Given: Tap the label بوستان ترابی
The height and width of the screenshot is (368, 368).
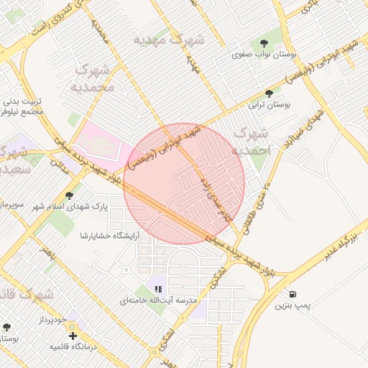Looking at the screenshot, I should (x=269, y=105).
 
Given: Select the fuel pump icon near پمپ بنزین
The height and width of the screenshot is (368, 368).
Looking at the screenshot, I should (x=293, y=293).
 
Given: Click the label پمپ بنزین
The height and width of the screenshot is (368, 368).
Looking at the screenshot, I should (x=293, y=305).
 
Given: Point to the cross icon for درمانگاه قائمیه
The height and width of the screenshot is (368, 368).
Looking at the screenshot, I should (x=72, y=336).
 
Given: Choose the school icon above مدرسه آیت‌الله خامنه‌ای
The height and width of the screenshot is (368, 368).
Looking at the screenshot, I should (x=157, y=289).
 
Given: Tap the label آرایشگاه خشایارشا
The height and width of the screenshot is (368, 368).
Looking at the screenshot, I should (x=105, y=235).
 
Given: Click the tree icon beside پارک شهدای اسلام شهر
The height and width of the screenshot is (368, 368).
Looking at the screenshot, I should (x=69, y=195).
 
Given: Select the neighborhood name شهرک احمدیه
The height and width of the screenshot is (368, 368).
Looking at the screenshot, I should (x=254, y=142).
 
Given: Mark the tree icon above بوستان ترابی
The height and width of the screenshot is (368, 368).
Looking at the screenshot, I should (x=269, y=93).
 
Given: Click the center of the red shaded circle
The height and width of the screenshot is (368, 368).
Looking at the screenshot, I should (x=184, y=183).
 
